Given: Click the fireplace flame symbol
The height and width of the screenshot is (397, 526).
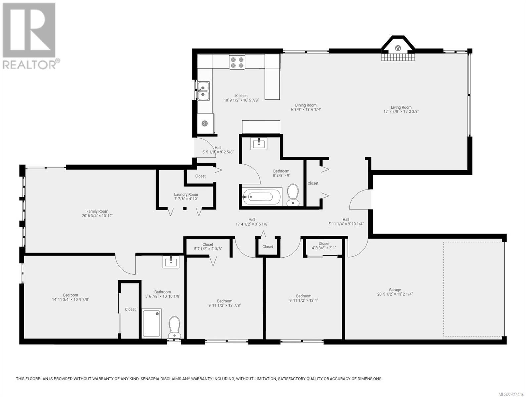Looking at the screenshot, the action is tap(398, 48).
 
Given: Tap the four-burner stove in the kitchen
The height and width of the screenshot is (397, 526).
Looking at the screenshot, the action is tap(237, 62).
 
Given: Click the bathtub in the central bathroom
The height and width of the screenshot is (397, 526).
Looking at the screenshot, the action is tap(262, 197).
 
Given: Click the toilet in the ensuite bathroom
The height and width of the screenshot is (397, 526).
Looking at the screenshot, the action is tap(174, 327).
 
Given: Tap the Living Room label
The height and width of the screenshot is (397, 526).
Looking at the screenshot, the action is tap(401, 107).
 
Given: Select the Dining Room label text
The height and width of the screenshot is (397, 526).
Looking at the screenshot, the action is tap(306, 105).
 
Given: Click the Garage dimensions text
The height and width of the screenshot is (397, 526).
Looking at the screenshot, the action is tap(395, 294).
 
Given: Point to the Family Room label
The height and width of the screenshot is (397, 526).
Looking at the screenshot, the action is tap(97, 211).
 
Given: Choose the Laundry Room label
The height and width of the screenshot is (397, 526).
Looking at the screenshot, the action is tap(186, 194).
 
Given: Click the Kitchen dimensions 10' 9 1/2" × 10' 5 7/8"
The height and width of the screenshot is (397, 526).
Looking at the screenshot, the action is tap(241, 100).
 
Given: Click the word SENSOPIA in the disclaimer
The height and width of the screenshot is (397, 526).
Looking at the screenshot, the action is tap(150, 379).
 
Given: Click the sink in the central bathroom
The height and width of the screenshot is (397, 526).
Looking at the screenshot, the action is tap(259, 144).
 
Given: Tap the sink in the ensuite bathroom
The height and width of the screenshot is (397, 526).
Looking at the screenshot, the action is tap(171, 262).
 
